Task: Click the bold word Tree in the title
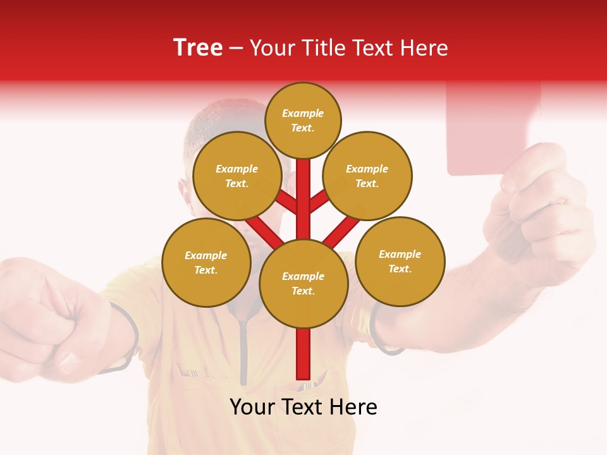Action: click(198, 48)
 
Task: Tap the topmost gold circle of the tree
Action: click(303, 120)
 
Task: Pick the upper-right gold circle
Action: click(367, 176)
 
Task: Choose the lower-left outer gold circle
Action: click(206, 262)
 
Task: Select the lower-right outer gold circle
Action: click(400, 261)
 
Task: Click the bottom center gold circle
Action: click(303, 283)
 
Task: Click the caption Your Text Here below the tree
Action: click(303, 407)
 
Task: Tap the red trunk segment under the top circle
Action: click(303, 190)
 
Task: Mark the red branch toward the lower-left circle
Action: click(262, 231)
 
